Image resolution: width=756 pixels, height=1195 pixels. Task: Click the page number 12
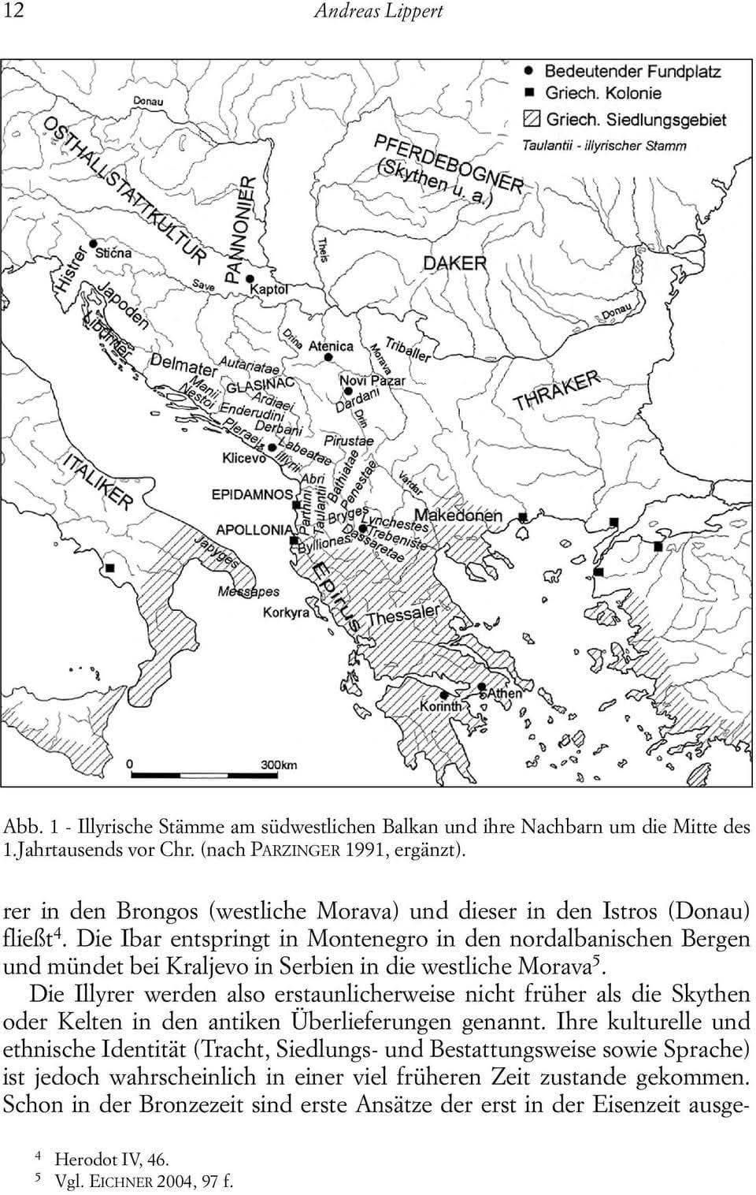click(x=13, y=11)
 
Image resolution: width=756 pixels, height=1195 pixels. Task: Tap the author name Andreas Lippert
click(x=378, y=11)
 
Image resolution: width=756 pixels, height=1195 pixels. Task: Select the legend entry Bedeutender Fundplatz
click(x=632, y=71)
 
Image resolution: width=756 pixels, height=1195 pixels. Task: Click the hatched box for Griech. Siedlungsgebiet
click(x=532, y=120)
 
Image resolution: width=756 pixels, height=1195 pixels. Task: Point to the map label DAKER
click(x=454, y=263)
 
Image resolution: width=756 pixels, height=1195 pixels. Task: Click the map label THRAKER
click(x=556, y=391)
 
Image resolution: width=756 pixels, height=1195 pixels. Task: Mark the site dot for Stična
click(x=93, y=244)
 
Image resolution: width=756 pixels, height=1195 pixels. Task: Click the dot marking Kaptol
click(x=249, y=279)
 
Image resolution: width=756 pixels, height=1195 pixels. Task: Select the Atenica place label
click(x=330, y=346)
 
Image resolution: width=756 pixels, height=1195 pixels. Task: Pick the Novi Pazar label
click(x=372, y=381)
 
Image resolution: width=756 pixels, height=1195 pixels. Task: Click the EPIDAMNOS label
click(x=251, y=494)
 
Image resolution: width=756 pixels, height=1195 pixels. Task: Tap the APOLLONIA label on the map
click(x=254, y=530)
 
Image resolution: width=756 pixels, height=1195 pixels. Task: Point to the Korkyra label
click(x=286, y=612)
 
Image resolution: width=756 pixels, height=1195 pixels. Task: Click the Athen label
click(x=505, y=693)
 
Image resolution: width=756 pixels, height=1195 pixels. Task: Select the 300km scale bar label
click(x=278, y=764)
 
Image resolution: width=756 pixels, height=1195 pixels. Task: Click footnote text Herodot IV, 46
click(x=111, y=1159)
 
